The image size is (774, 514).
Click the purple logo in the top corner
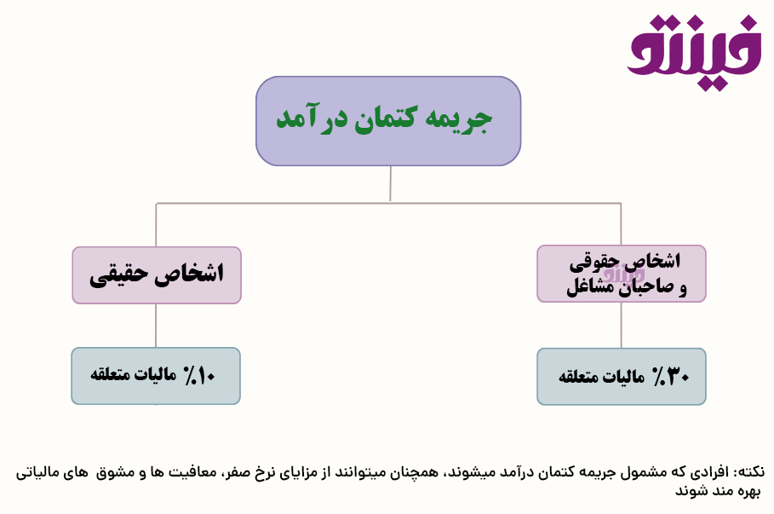(x=694, y=52)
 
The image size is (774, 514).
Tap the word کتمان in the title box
(x=385, y=119)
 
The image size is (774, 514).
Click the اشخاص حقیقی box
(x=157, y=275)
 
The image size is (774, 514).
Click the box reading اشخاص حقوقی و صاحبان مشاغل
(x=622, y=274)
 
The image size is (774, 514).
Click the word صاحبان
(x=645, y=287)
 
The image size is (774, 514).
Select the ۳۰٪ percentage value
(x=671, y=377)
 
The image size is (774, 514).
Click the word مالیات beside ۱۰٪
(x=156, y=375)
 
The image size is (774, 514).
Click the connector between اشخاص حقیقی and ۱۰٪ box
(x=156, y=326)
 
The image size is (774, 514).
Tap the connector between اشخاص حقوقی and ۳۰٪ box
(x=621, y=326)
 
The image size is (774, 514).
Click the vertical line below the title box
(x=391, y=183)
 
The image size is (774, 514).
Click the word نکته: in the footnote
(x=748, y=472)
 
